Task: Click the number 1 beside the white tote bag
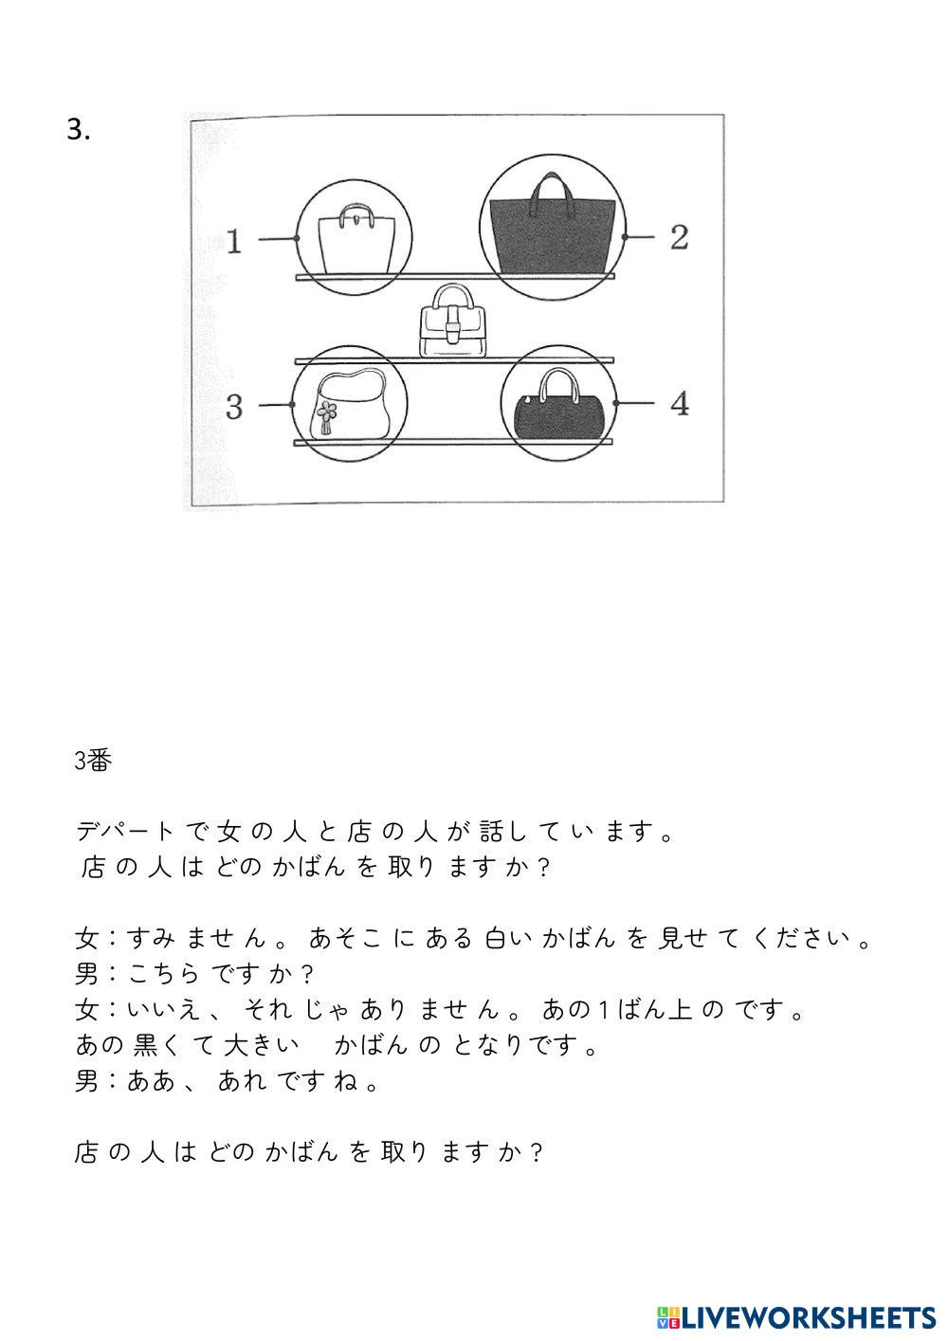[234, 241]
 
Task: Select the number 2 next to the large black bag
[679, 237]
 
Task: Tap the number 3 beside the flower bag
[234, 407]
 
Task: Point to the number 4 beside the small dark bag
[679, 404]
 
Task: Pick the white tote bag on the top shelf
[355, 241]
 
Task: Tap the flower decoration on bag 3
[327, 413]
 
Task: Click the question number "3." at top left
[79, 130]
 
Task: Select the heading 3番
[94, 761]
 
